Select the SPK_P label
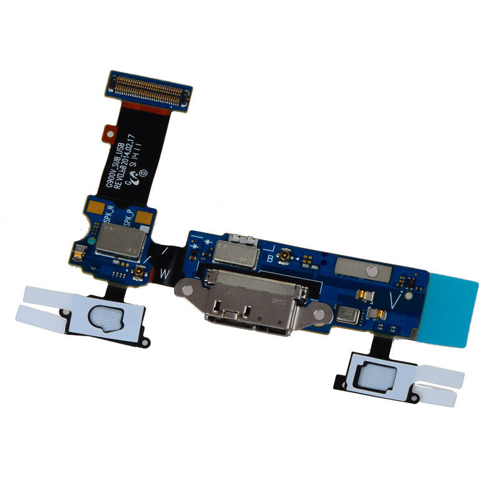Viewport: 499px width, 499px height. coord(128,218)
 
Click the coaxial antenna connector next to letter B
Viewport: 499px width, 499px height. coord(284,256)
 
